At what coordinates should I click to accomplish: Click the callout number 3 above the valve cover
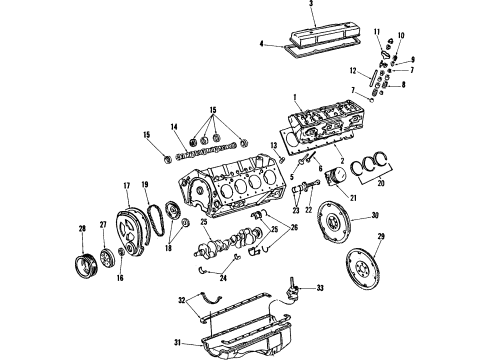click(310, 5)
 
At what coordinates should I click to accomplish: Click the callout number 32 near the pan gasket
click(181, 299)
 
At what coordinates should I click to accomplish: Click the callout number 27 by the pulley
click(102, 225)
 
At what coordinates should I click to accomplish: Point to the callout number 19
click(146, 184)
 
